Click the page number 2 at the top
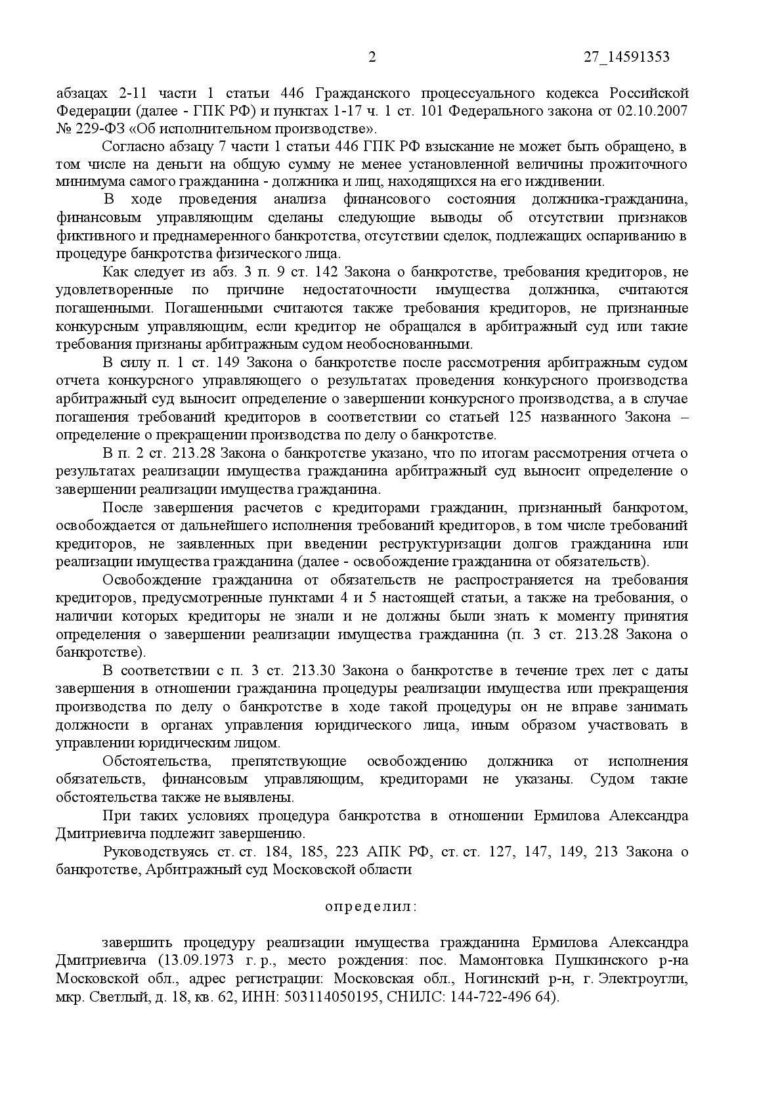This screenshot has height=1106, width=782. (372, 57)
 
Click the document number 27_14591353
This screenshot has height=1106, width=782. (626, 57)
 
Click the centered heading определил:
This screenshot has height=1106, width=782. (371, 906)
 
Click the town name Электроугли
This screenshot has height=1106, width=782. (649, 979)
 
